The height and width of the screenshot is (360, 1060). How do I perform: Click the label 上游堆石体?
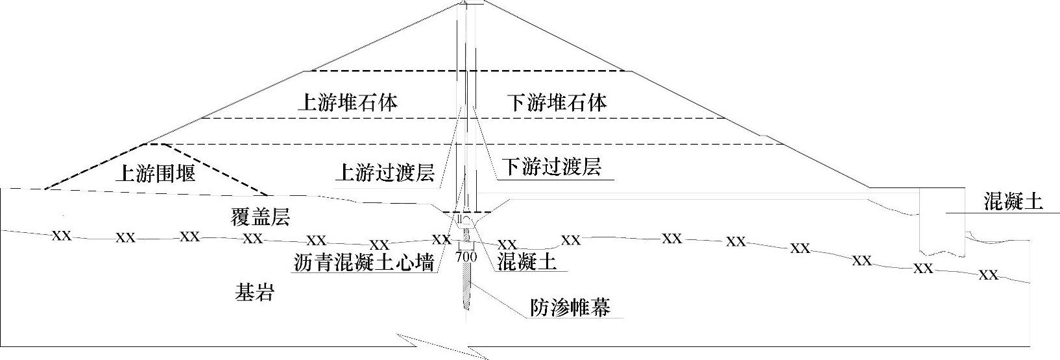(x=347, y=102)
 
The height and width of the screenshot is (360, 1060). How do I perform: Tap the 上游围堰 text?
(x=156, y=173)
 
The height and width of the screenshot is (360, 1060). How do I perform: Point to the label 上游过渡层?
(x=384, y=172)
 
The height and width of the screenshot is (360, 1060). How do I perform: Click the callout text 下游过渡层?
(x=553, y=167)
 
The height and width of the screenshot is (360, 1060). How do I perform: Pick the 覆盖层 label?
(x=260, y=217)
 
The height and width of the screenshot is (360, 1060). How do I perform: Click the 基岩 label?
(x=254, y=293)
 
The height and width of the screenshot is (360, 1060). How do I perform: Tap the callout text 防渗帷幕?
(x=570, y=307)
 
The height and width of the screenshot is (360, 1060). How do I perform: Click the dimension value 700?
(x=466, y=257)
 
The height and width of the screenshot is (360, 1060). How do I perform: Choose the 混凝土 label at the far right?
(x=1013, y=202)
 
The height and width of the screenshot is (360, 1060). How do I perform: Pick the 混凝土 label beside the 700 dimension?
(x=527, y=261)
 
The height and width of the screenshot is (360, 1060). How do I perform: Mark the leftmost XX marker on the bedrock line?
(x=62, y=235)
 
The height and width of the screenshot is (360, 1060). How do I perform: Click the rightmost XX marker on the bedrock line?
(x=987, y=275)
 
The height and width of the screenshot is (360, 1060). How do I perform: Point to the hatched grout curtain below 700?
(x=466, y=285)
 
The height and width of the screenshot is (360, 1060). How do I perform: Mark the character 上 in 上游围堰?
(x=125, y=173)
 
